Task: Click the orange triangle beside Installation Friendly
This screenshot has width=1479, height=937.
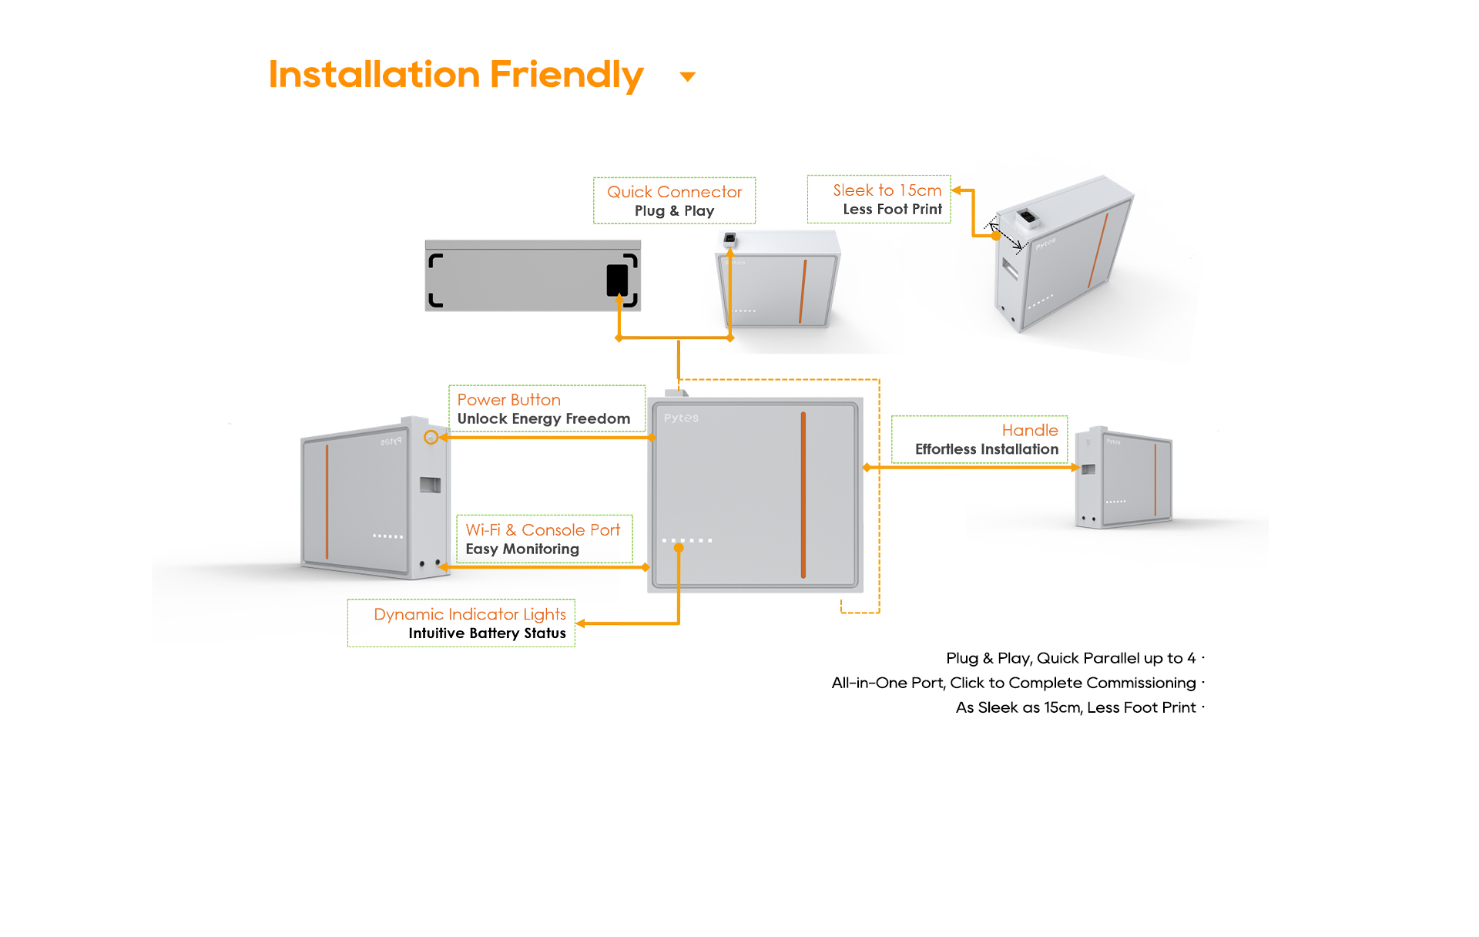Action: coord(688,76)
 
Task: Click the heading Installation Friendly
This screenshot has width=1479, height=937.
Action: coord(455,75)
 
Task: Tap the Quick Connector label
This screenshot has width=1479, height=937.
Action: coord(674,192)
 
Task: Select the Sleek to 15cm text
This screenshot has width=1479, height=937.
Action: coord(887,190)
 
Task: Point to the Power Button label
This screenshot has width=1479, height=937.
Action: coord(508,400)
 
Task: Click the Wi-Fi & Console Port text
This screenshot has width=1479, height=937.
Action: coord(542,530)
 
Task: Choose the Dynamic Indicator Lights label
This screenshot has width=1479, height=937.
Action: coord(469,614)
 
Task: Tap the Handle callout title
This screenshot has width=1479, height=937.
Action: coord(1029,431)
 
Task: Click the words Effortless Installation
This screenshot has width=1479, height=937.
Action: coord(986,449)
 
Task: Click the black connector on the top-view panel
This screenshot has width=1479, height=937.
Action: coord(617,280)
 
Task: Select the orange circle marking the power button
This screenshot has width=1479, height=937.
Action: coord(431,438)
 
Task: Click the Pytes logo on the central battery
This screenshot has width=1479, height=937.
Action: coord(681,418)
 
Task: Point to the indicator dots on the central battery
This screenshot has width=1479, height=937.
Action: coord(687,540)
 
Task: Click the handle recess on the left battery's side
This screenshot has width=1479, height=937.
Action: coord(430,485)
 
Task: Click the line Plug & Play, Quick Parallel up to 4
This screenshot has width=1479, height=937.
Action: coord(1070,658)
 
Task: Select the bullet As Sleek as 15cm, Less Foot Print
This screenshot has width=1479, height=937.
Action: coord(1075,707)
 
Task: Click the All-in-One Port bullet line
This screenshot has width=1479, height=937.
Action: coord(1013,683)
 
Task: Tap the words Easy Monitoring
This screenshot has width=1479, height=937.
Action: coord(522,549)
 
